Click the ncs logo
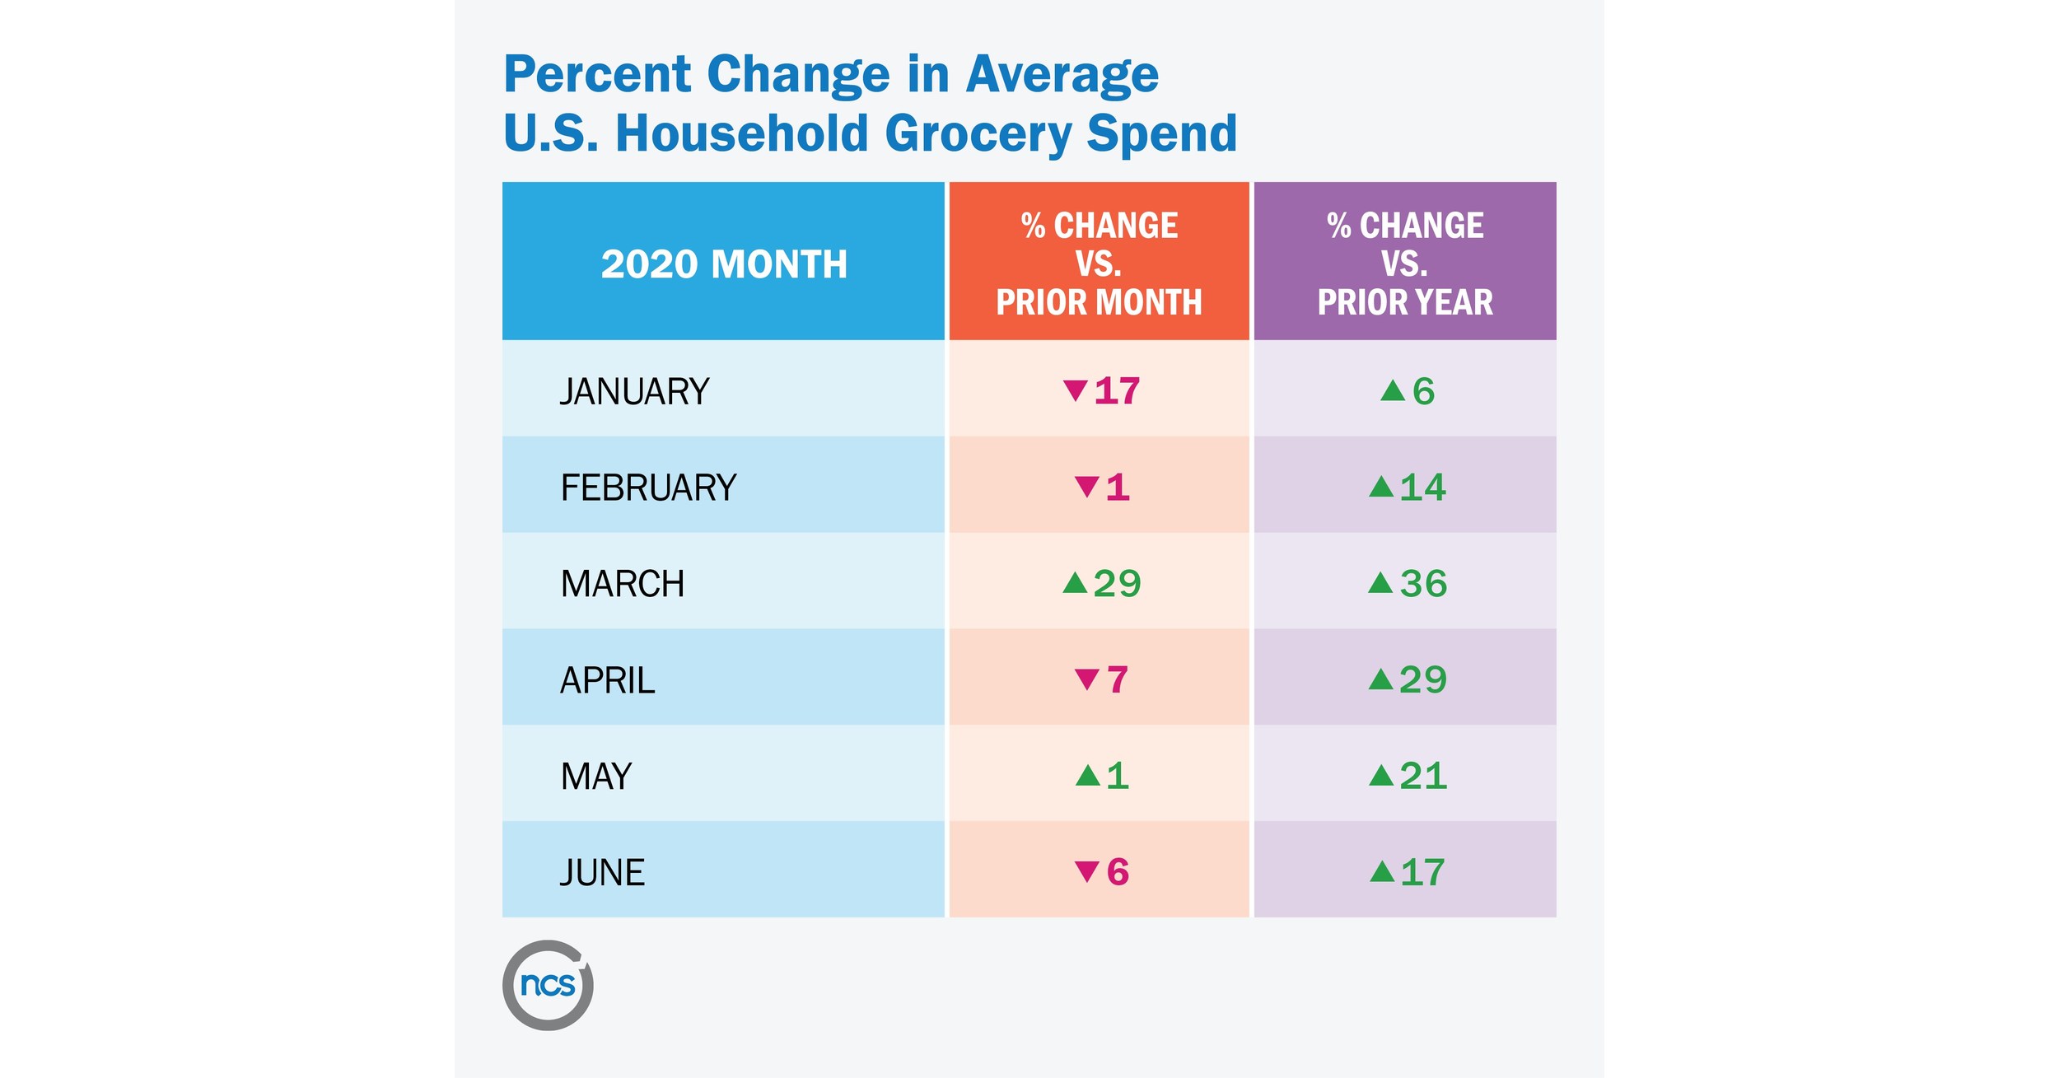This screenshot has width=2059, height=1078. (x=548, y=985)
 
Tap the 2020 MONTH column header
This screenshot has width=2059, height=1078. (x=723, y=264)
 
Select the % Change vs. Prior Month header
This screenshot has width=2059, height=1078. (x=1099, y=264)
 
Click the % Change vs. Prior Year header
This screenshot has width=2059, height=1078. (x=1404, y=264)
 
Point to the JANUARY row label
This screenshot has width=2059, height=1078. (x=634, y=391)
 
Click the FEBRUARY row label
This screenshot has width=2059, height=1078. (x=648, y=488)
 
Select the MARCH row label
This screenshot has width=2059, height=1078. (x=622, y=584)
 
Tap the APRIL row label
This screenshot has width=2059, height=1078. (x=607, y=680)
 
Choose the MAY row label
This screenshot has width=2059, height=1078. (x=595, y=777)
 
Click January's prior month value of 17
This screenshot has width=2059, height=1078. (x=1117, y=391)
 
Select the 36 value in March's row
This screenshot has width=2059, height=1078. (x=1423, y=584)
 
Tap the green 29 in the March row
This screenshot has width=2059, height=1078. (x=1117, y=584)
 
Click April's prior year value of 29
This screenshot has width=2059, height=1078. (x=1422, y=680)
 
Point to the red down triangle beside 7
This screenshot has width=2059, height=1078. (x=1086, y=679)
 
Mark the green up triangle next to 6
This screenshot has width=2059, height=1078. (x=1392, y=391)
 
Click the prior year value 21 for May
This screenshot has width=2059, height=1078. (x=1423, y=777)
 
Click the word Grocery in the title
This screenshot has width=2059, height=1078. (x=978, y=134)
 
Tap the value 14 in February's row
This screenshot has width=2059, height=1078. (x=1422, y=488)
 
